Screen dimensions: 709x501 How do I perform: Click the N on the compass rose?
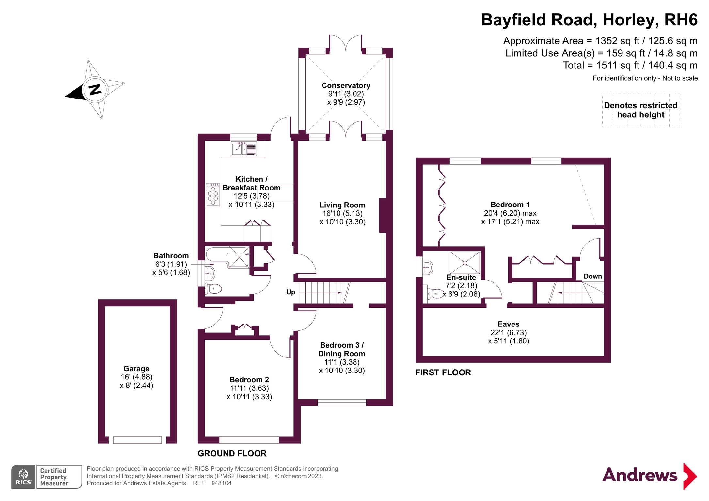(95, 89)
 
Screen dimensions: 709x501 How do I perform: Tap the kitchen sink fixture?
(244, 149)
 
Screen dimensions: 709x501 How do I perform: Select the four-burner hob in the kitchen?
(213, 195)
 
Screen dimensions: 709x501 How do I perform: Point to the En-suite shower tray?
(465, 263)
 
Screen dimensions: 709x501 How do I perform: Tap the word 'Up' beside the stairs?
(291, 292)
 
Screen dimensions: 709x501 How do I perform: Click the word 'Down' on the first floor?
(592, 276)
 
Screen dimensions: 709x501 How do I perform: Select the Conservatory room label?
(346, 85)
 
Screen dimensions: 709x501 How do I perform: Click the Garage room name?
(136, 369)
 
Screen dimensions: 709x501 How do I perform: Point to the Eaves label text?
(508, 324)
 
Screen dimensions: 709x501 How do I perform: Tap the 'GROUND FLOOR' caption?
(232, 453)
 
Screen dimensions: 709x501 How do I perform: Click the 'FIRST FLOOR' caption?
(443, 372)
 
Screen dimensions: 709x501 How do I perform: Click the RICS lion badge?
(23, 477)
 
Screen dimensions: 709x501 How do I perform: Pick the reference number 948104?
(221, 483)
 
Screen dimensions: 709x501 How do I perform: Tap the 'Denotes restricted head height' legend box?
(641, 110)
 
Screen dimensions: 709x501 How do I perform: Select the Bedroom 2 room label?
(249, 380)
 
